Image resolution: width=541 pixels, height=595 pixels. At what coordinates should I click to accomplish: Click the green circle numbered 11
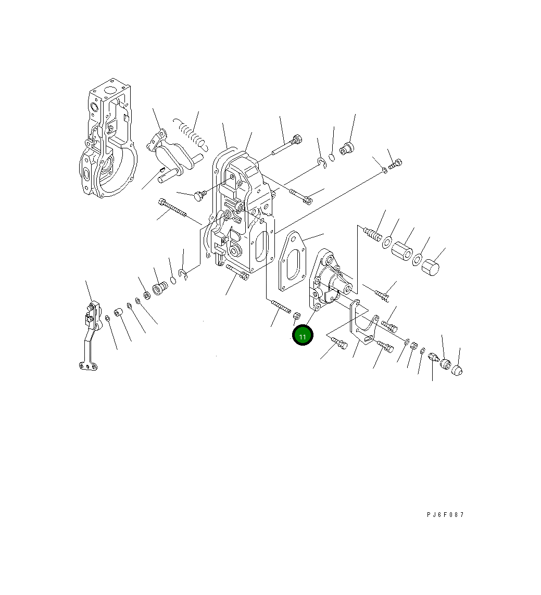(x=303, y=336)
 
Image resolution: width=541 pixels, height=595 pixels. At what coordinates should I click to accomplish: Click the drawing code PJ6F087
(x=445, y=515)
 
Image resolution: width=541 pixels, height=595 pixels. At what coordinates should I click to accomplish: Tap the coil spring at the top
(x=191, y=133)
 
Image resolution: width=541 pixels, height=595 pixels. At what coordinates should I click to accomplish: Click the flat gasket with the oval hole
(x=293, y=260)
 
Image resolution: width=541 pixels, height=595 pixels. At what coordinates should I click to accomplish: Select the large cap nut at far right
(x=430, y=268)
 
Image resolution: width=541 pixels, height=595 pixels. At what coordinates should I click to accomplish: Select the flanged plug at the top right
(x=347, y=148)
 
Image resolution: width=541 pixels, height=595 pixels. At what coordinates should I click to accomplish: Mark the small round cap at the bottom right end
(x=457, y=370)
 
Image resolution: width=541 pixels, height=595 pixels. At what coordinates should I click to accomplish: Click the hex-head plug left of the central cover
(x=199, y=195)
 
